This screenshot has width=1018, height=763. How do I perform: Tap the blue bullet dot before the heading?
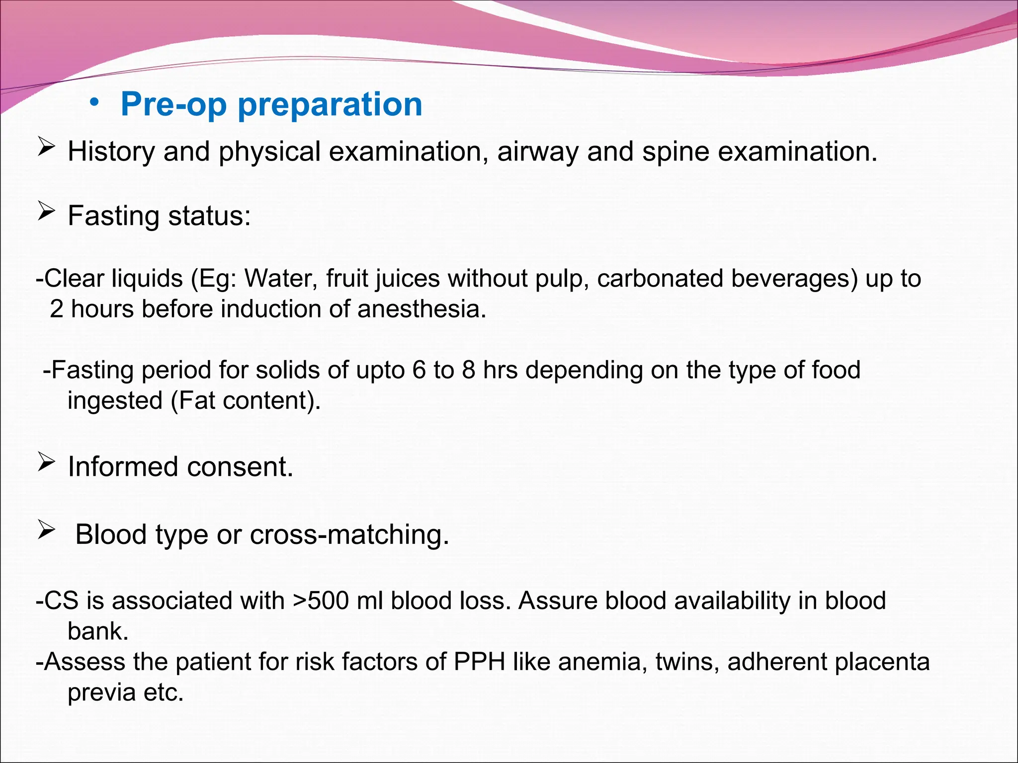[94, 103]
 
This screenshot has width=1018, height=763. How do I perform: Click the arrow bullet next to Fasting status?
[46, 212]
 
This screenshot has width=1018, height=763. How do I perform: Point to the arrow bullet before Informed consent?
[46, 463]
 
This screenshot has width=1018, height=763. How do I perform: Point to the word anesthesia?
[422, 309]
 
